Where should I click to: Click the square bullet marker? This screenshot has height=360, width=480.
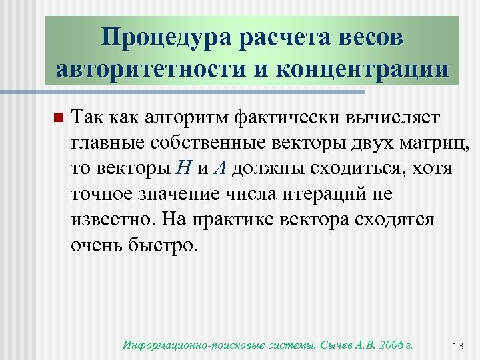pos(57,119)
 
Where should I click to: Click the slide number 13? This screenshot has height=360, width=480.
pos(457,346)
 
